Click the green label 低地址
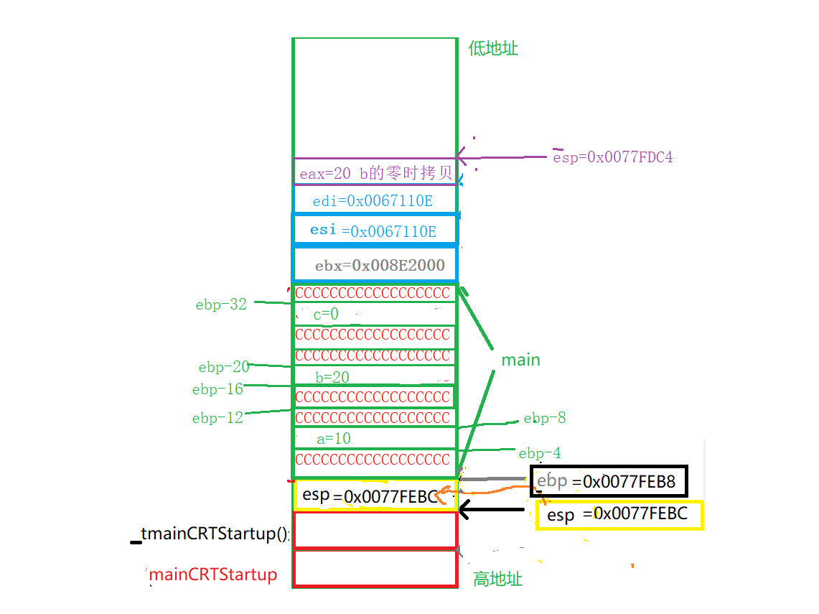click(493, 48)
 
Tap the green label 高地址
click(497, 579)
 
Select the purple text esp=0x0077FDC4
click(612, 157)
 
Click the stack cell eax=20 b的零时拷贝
click(375, 173)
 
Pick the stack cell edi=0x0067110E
click(373, 201)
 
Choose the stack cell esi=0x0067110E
click(373, 231)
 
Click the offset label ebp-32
click(221, 304)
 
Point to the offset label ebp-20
click(224, 367)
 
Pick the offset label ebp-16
click(217, 389)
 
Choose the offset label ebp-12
click(217, 418)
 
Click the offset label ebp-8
click(545, 419)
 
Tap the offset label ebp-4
click(540, 453)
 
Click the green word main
click(520, 360)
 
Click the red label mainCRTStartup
click(212, 575)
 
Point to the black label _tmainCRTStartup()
click(210, 534)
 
